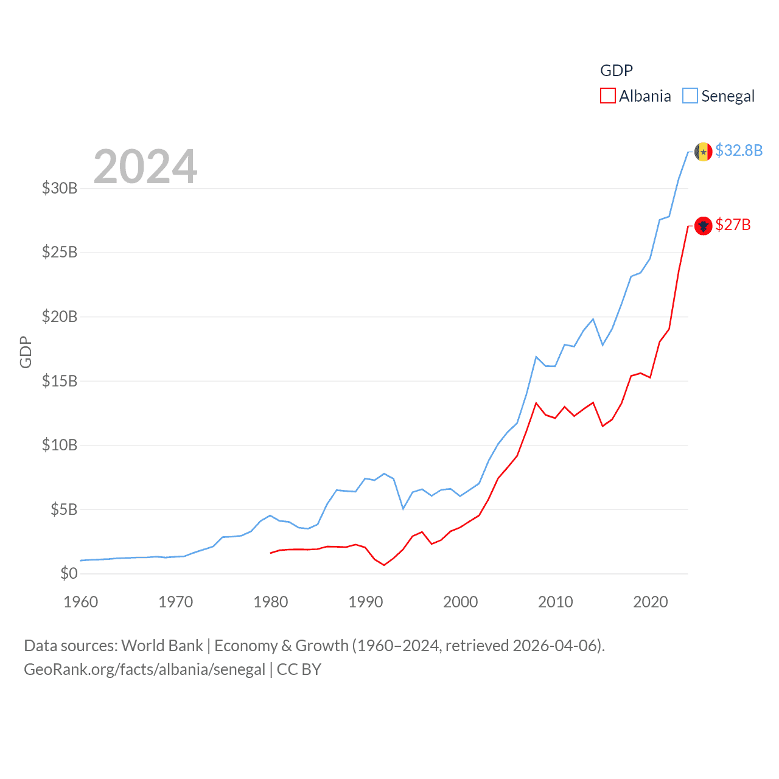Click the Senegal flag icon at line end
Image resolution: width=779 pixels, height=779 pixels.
pyautogui.click(x=703, y=152)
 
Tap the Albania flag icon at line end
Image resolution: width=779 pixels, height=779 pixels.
pyautogui.click(x=703, y=226)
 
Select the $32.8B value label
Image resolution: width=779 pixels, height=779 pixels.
pyautogui.click(x=739, y=150)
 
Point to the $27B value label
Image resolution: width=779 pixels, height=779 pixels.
pyautogui.click(x=733, y=225)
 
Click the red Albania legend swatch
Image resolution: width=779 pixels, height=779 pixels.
pyautogui.click(x=607, y=96)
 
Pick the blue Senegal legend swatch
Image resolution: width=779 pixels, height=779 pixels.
pyautogui.click(x=690, y=96)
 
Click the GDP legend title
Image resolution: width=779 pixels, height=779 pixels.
pyautogui.click(x=616, y=71)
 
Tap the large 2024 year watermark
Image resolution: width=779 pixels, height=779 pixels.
pyautogui.click(x=145, y=167)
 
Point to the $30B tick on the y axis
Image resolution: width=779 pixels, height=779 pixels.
pyautogui.click(x=60, y=188)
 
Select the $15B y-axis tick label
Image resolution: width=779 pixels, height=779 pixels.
pyautogui.click(x=60, y=381)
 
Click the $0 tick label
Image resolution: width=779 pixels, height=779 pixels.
pyautogui.click(x=69, y=573)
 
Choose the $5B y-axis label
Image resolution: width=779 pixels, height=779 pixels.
pyautogui.click(x=64, y=509)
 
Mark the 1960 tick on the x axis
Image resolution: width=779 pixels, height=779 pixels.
pyautogui.click(x=81, y=602)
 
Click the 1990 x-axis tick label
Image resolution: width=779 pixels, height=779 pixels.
pyautogui.click(x=366, y=602)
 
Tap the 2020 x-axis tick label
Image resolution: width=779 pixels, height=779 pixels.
pyautogui.click(x=651, y=602)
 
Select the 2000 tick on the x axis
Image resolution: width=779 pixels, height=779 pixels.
pyautogui.click(x=461, y=602)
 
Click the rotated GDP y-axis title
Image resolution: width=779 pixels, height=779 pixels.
pyautogui.click(x=26, y=352)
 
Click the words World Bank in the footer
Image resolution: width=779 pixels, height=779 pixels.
pyautogui.click(x=162, y=646)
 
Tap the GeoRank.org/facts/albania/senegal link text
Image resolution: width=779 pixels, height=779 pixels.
pyautogui.click(x=144, y=669)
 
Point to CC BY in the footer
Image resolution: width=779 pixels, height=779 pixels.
pyautogui.click(x=299, y=669)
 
